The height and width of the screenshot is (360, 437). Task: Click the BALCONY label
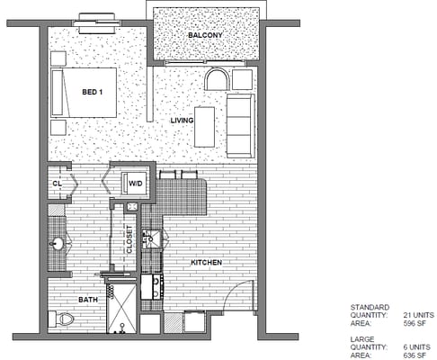pos(205,35)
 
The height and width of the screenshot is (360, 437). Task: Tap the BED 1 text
pos(92,92)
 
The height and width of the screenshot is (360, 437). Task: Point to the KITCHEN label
pos(206,263)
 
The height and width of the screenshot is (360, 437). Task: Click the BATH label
pos(88,300)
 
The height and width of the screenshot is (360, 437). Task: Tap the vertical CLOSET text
pos(129,240)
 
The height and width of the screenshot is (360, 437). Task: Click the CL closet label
pos(57,184)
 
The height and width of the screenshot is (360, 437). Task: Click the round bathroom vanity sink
pos(58,243)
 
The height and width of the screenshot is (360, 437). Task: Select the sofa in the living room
pos(240,124)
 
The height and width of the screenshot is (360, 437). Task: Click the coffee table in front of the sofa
pos(205,126)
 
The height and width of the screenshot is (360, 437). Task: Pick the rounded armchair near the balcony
pos(218,79)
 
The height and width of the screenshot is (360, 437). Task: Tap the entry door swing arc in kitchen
pos(236,292)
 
